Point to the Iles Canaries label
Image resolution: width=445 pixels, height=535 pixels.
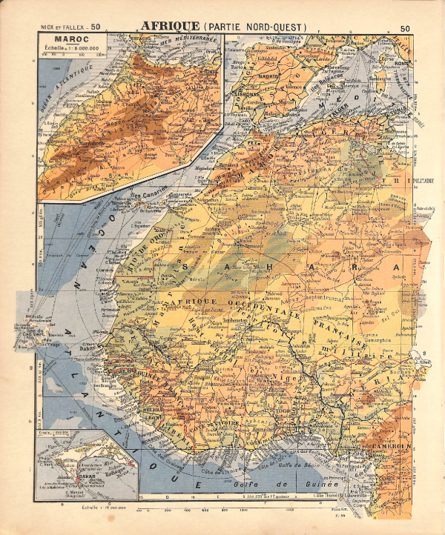click(149, 196)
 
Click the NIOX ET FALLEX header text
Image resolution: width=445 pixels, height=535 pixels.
click(62, 27)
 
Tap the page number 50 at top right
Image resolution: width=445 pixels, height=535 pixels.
click(404, 28)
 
